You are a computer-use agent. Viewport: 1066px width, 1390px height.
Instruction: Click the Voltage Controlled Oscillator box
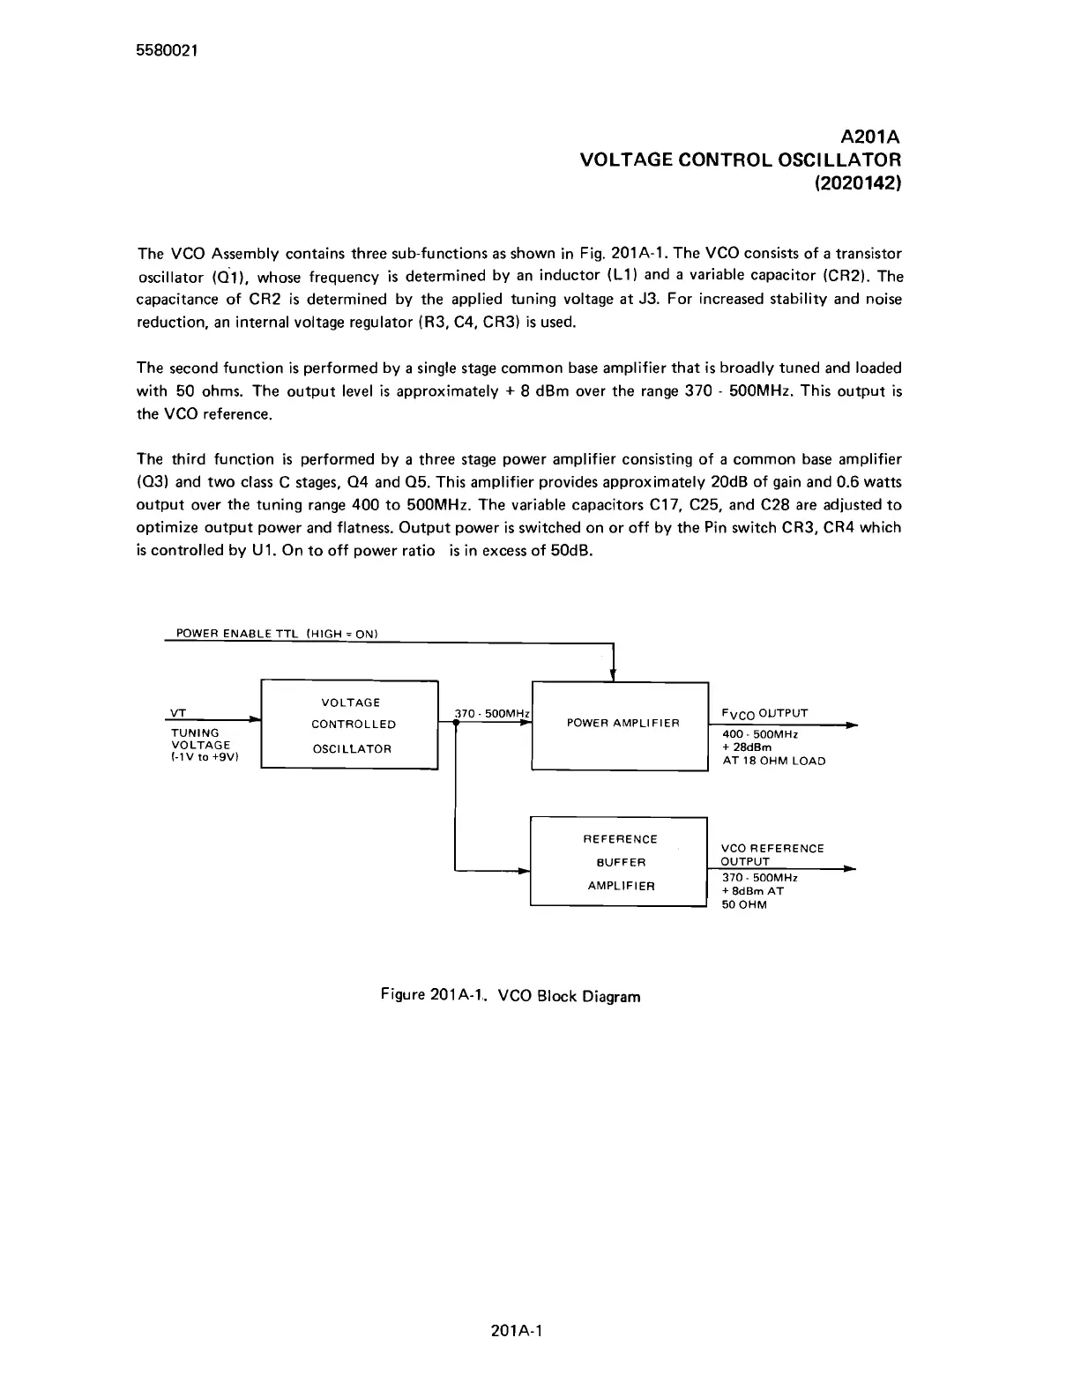point(350,725)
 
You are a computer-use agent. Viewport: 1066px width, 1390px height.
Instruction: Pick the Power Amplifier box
point(621,726)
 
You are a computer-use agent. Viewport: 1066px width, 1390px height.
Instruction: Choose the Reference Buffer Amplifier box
point(619,861)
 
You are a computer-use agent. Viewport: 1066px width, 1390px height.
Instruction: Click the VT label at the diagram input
point(176,712)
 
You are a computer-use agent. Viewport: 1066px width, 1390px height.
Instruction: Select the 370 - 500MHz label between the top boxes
point(491,713)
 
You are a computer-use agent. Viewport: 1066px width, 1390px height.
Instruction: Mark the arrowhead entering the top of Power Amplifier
point(613,675)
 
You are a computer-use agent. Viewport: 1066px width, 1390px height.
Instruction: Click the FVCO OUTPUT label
point(764,713)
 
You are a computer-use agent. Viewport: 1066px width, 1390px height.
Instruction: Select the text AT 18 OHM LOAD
point(773,761)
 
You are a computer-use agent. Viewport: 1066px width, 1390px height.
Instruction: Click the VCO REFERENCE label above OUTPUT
point(772,848)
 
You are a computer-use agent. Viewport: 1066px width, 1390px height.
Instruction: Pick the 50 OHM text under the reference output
point(744,904)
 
